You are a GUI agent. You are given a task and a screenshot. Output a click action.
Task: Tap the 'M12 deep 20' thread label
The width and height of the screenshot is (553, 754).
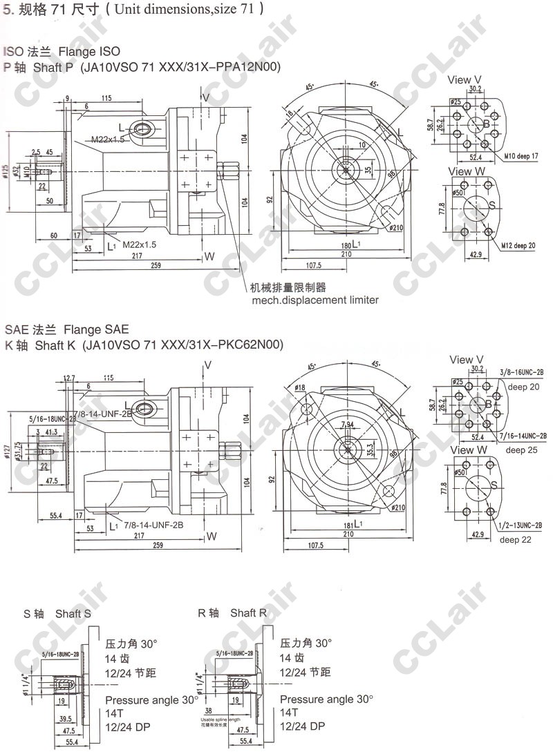coord(519,245)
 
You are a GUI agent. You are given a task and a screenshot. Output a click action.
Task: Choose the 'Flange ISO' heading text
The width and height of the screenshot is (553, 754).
coord(89,51)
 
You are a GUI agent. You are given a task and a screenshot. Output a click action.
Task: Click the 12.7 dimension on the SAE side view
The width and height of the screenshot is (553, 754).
coord(68,378)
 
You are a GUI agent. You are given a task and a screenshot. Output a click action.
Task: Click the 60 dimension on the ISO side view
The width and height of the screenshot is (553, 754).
coord(53,236)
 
